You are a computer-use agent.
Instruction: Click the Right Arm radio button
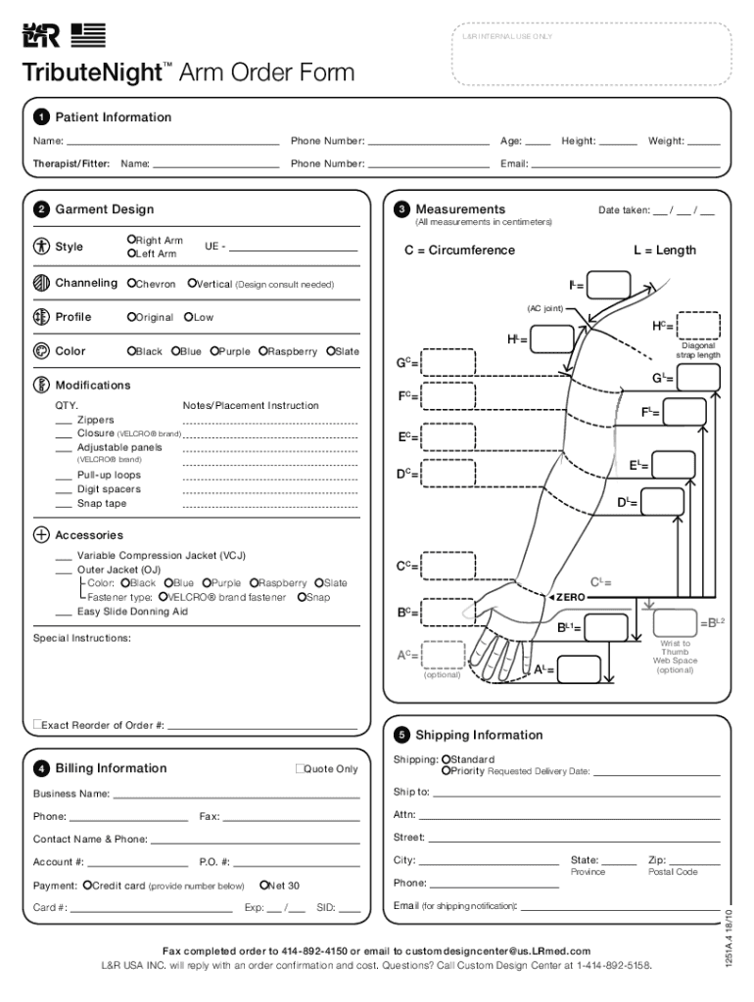(131, 240)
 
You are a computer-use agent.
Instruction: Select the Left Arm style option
(131, 254)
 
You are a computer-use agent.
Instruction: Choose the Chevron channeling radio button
(131, 284)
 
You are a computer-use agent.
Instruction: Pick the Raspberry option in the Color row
(263, 351)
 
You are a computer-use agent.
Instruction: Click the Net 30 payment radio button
(264, 886)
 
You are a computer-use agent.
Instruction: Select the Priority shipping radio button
(446, 771)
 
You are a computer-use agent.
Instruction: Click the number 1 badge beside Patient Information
(41, 117)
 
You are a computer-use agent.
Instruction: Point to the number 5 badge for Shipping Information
(401, 735)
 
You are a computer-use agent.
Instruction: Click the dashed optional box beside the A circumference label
(444, 655)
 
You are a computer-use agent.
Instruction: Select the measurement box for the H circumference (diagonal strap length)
(698, 325)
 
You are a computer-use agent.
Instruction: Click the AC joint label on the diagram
(544, 308)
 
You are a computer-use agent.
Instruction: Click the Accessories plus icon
(41, 535)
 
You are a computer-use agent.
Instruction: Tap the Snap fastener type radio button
(303, 597)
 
